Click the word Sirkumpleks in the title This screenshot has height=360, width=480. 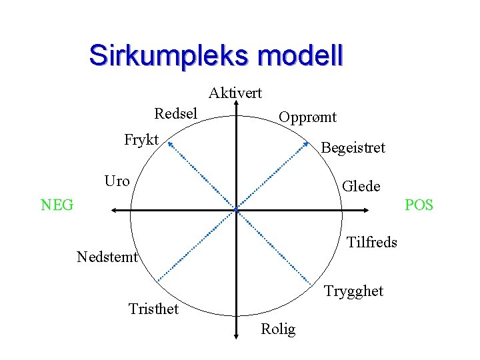167,55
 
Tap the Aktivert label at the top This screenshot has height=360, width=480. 235,93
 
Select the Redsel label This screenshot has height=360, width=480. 175,113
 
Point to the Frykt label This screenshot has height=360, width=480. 141,139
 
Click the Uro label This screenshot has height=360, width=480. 117,181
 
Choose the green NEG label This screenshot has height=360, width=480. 57,205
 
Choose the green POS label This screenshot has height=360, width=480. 419,205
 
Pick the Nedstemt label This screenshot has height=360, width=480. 107,257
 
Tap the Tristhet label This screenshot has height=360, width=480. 153,309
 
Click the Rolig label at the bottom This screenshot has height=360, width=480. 278,329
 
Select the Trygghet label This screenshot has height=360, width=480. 353,291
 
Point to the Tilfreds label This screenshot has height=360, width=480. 372,242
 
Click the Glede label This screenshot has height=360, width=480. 361,187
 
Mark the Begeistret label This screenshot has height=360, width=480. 353,148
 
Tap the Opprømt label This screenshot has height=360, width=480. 307,117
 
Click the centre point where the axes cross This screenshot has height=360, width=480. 236,211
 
